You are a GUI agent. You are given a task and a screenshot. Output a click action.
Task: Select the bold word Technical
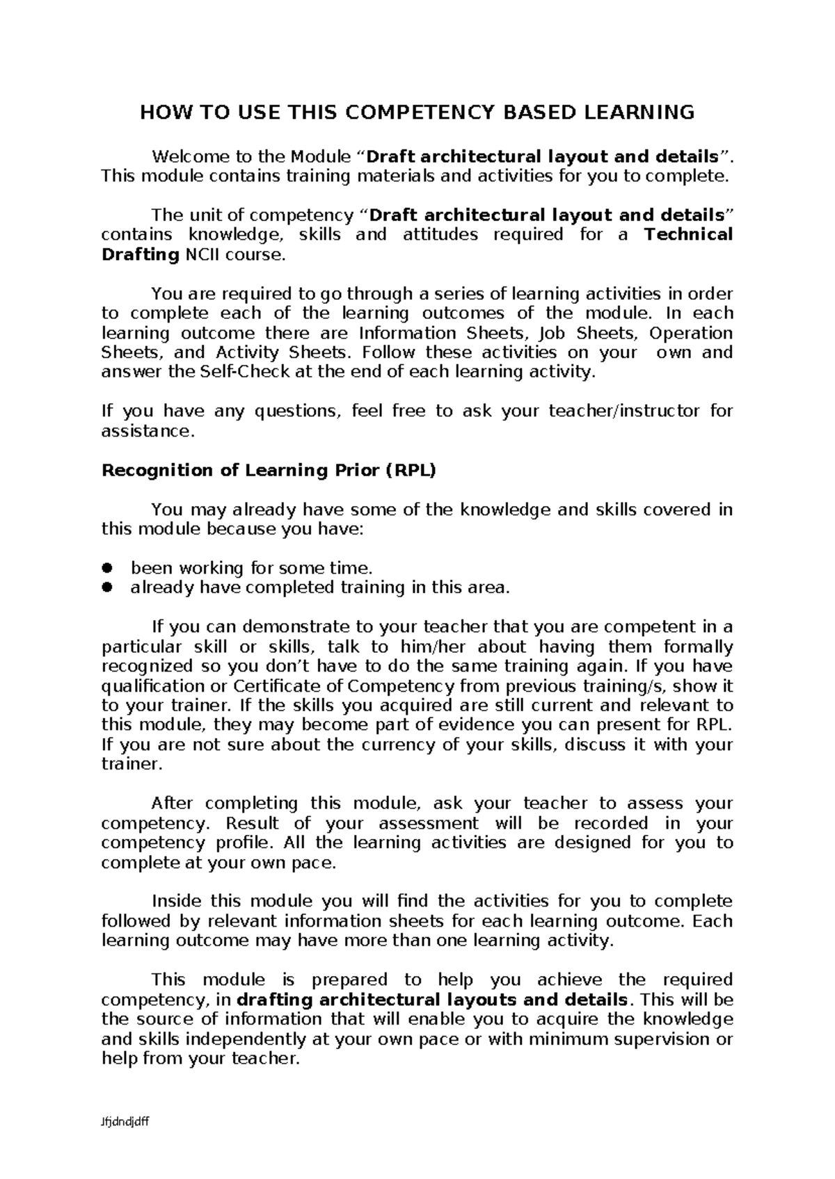[x=688, y=234]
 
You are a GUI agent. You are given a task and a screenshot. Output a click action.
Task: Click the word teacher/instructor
[x=624, y=411]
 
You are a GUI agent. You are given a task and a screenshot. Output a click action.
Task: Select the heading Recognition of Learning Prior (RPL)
[x=269, y=471]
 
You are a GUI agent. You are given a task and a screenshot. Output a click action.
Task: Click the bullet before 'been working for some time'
[x=107, y=568]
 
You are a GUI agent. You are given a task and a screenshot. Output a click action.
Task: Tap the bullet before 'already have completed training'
[x=107, y=587]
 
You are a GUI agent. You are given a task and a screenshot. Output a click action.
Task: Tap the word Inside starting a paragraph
[x=177, y=902]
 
